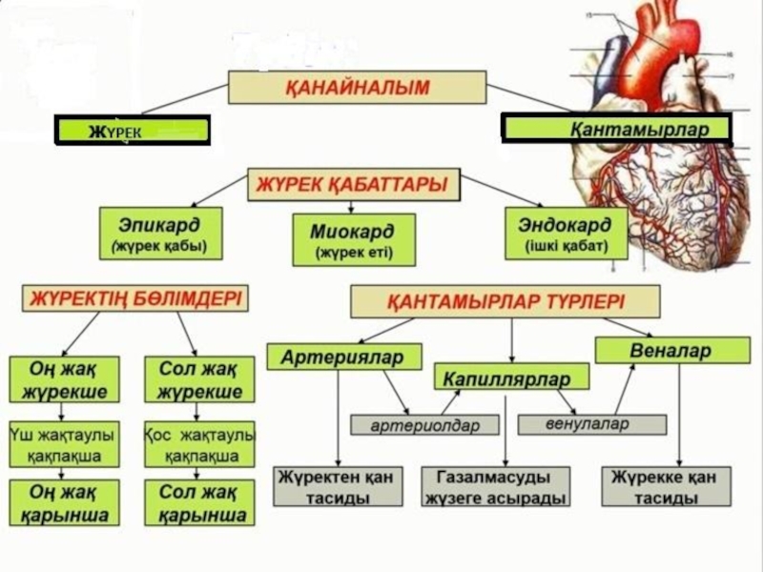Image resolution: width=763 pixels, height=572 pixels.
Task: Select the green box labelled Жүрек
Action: click(132, 131)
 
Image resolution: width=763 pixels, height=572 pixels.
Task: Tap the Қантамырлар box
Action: click(616, 128)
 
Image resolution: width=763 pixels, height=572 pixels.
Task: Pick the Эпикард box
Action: click(160, 234)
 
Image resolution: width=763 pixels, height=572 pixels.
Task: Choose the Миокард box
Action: click(352, 239)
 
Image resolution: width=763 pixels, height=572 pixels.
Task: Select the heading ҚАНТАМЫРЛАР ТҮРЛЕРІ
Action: click(505, 302)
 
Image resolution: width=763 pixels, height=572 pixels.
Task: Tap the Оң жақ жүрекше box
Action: click(65, 379)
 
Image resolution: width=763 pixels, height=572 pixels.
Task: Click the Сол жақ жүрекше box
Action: click(197, 379)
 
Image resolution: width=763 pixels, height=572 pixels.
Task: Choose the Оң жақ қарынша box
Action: click(65, 502)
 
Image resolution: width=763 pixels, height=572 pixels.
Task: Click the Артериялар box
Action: click(343, 357)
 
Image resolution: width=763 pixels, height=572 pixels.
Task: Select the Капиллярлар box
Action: click(511, 377)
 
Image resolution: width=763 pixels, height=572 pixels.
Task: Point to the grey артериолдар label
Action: click(424, 423)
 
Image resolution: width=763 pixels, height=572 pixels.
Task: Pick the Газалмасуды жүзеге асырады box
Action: click(496, 486)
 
